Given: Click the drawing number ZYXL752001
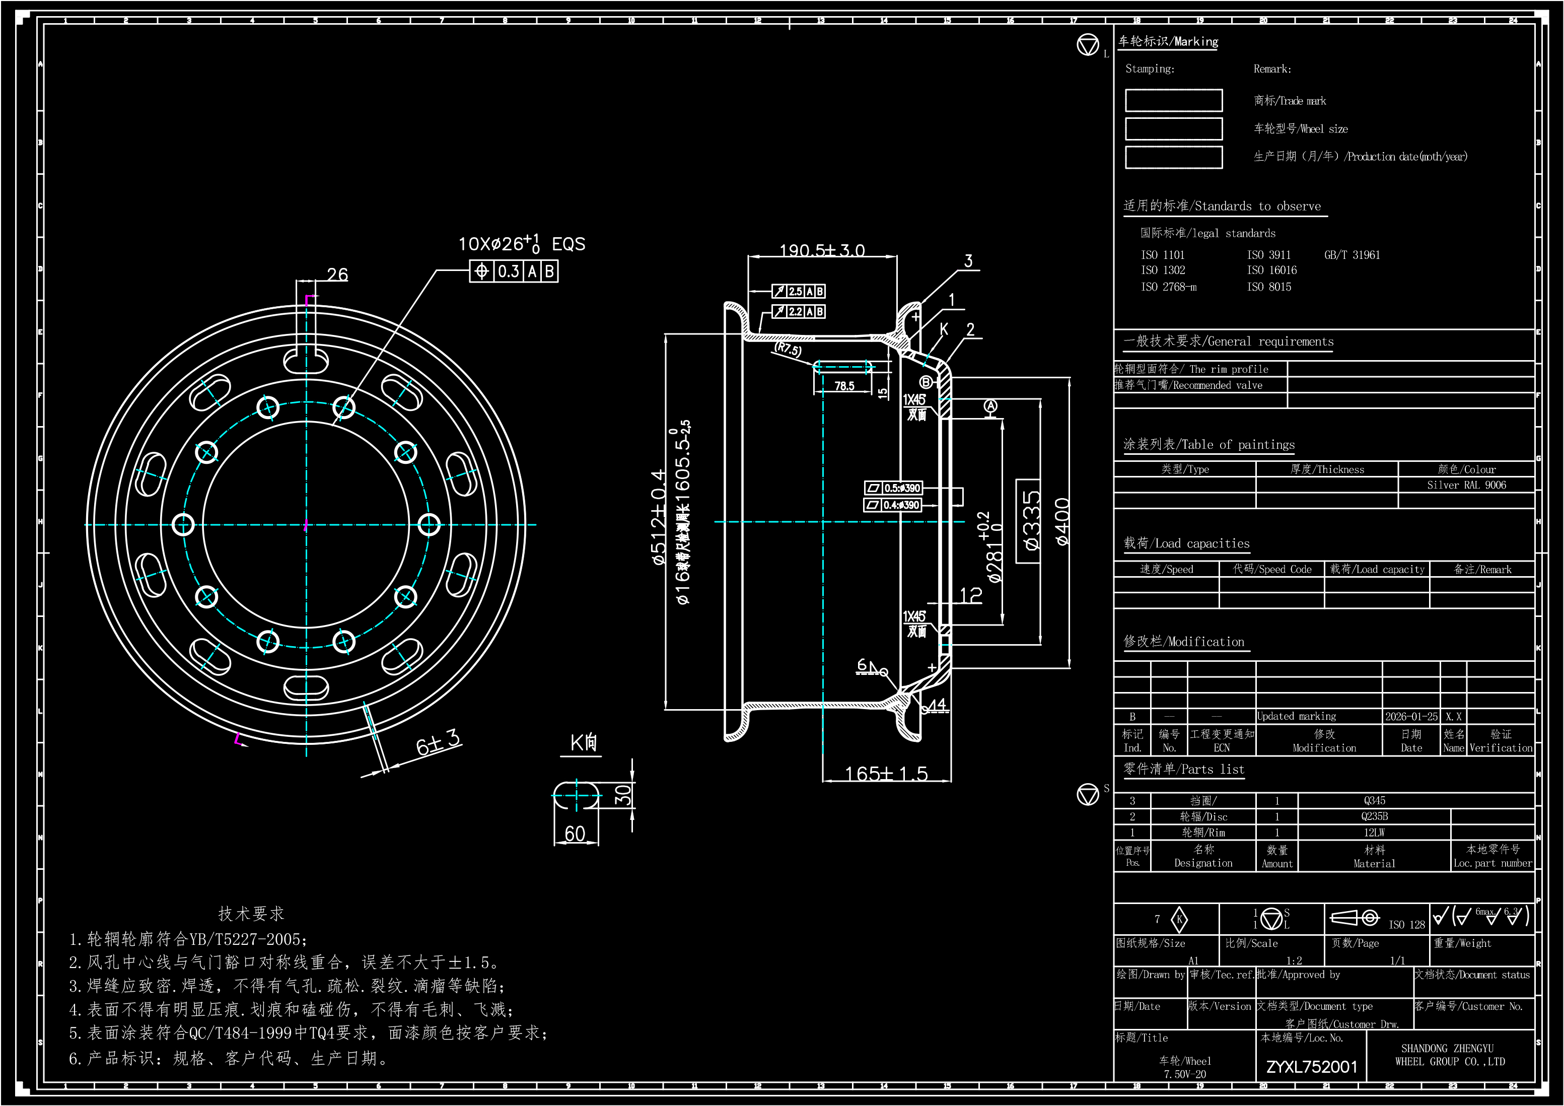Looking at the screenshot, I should (1311, 1067).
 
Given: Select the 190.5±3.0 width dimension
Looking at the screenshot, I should (822, 250).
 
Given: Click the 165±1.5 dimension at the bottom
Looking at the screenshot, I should (886, 774).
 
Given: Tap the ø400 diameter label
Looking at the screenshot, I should (1062, 522).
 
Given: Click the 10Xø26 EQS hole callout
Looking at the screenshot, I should (521, 243).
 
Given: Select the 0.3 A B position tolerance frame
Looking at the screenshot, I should (514, 271).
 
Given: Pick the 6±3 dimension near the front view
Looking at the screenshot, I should (438, 743).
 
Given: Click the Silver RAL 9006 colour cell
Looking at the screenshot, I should (1466, 485).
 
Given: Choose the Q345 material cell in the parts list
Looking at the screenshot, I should (1374, 801).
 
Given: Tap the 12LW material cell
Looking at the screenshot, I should (1374, 833).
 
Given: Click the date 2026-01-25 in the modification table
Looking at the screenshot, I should (1411, 716).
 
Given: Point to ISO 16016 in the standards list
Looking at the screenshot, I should (1272, 270).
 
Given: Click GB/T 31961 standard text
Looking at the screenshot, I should (1352, 255).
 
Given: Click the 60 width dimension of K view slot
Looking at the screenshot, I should (575, 834).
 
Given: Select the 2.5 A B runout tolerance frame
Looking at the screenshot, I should (798, 292).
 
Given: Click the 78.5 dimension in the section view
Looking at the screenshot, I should (844, 386).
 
